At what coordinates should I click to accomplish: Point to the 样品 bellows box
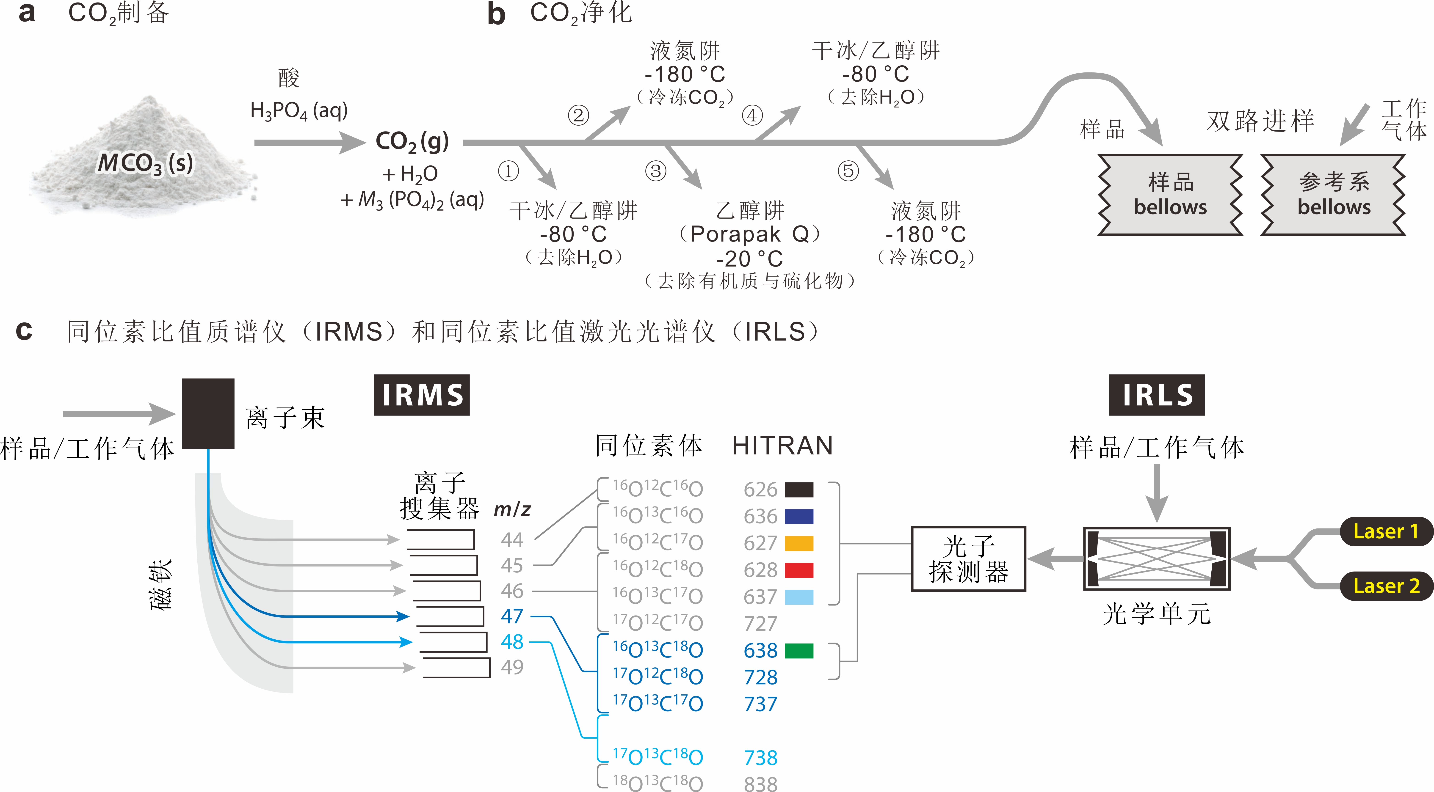pos(1170,195)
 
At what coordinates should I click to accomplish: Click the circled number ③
pos(656,171)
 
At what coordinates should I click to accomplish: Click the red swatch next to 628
pos(799,570)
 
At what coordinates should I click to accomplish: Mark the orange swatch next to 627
pos(799,543)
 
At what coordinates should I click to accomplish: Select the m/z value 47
pos(512,616)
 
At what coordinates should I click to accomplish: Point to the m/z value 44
pos(512,539)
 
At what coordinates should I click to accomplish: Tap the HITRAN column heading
pos(782,446)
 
